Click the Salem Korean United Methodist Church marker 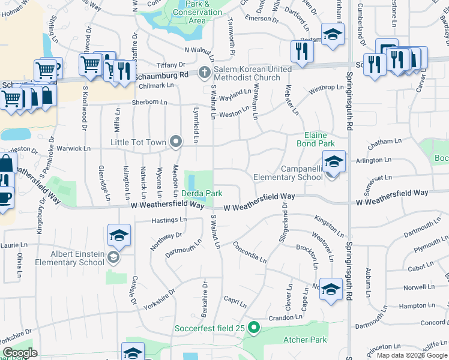click(205, 74)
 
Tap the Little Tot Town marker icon click(176, 142)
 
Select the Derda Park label click(202, 194)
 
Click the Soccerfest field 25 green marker click(254, 328)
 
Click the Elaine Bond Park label click(319, 140)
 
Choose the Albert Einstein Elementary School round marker click(113, 258)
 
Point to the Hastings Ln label click(169, 220)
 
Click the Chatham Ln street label click(385, 142)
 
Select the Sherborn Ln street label click(149, 103)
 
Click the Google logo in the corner click(20, 353)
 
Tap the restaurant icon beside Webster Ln click(301, 52)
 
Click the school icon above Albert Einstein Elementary click(119, 236)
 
